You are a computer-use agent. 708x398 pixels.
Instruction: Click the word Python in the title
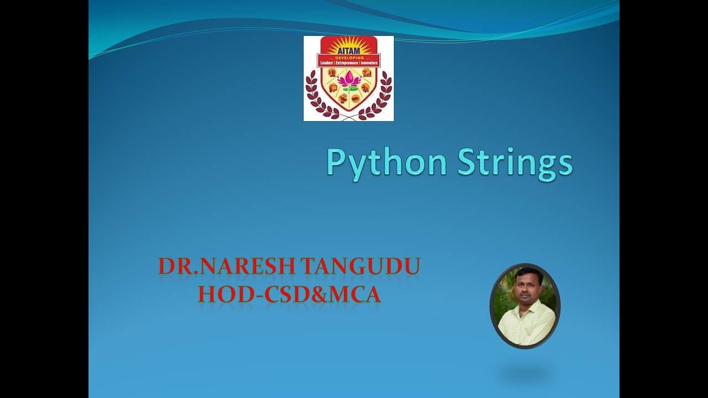(386, 163)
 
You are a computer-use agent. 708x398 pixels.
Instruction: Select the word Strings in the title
(515, 163)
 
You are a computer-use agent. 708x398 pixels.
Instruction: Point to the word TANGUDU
(361, 266)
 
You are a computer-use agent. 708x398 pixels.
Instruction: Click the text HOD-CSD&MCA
(289, 295)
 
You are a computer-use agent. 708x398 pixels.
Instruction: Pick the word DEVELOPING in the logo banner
(348, 57)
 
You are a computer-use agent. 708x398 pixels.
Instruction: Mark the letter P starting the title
(335, 163)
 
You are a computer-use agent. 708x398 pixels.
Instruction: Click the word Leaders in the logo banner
(327, 64)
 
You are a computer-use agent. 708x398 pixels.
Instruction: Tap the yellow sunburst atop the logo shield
(348, 43)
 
